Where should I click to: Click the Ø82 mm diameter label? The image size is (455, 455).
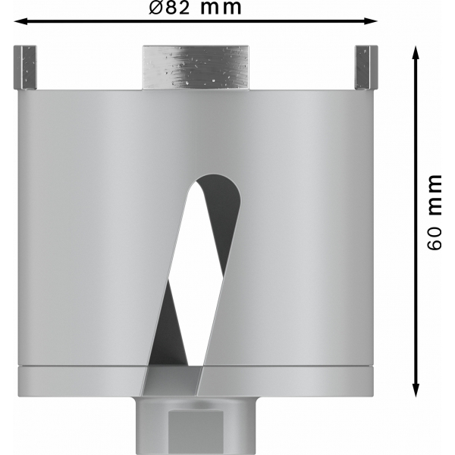click(195, 8)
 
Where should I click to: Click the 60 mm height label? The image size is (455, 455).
click(435, 212)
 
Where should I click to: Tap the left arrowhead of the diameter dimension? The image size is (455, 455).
click(21, 21)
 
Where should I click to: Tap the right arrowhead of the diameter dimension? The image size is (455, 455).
click(371, 21)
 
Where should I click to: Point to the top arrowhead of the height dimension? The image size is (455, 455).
click(416, 53)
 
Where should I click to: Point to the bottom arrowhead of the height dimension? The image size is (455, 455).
click(416, 391)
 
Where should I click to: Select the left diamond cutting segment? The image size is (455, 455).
click(25, 67)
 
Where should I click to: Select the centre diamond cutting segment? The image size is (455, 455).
click(196, 67)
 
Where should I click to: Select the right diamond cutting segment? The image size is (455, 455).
click(366, 67)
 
